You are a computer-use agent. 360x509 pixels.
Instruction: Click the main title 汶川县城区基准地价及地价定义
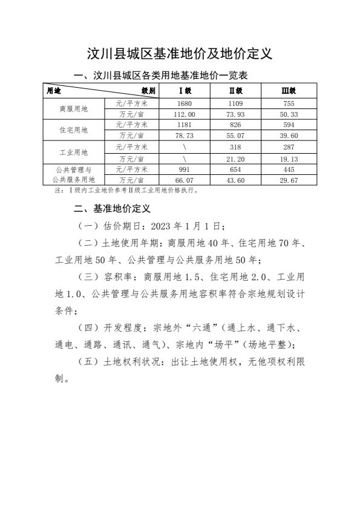point(180,53)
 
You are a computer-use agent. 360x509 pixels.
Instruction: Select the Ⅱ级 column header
point(236,91)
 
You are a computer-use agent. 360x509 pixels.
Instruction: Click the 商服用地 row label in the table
point(74,109)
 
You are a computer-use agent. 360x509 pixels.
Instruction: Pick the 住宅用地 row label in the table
point(74,130)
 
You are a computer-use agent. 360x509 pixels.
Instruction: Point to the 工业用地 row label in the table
point(74,152)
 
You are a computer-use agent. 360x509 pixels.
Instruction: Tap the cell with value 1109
point(236,103)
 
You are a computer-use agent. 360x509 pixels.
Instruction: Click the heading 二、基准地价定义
point(111,208)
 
